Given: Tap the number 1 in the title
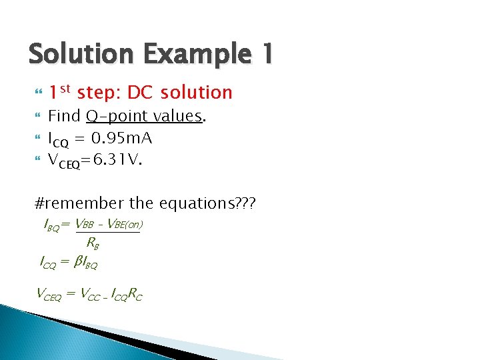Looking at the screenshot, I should click(267, 54).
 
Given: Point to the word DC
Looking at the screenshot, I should click(140, 92).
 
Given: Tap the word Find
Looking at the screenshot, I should click(65, 117).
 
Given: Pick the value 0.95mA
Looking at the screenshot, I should click(122, 139).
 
